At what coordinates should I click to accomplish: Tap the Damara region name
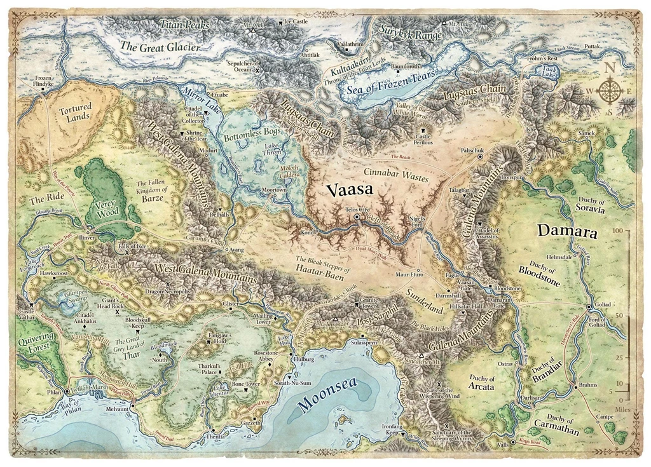pos(567,231)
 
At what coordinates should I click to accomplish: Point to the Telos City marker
pos(357,217)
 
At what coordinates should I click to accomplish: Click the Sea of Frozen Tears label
pos(391,83)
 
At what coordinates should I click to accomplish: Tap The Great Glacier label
pos(160,47)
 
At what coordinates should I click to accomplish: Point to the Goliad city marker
pos(589,306)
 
